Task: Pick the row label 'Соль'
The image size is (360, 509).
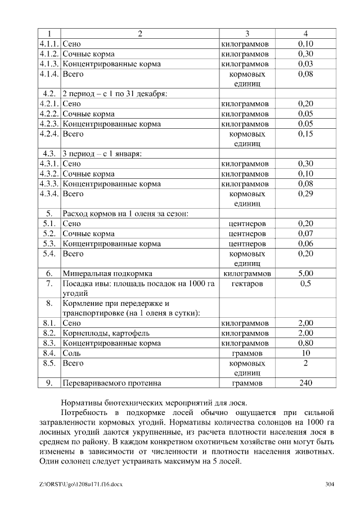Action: point(71,353)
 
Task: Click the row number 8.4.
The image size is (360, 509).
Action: point(49,353)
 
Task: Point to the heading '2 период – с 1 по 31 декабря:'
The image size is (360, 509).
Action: point(114,93)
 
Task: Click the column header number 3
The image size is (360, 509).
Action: point(247,33)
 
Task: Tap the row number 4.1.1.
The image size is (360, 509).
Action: point(49,43)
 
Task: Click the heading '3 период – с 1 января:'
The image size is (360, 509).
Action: point(102,154)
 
